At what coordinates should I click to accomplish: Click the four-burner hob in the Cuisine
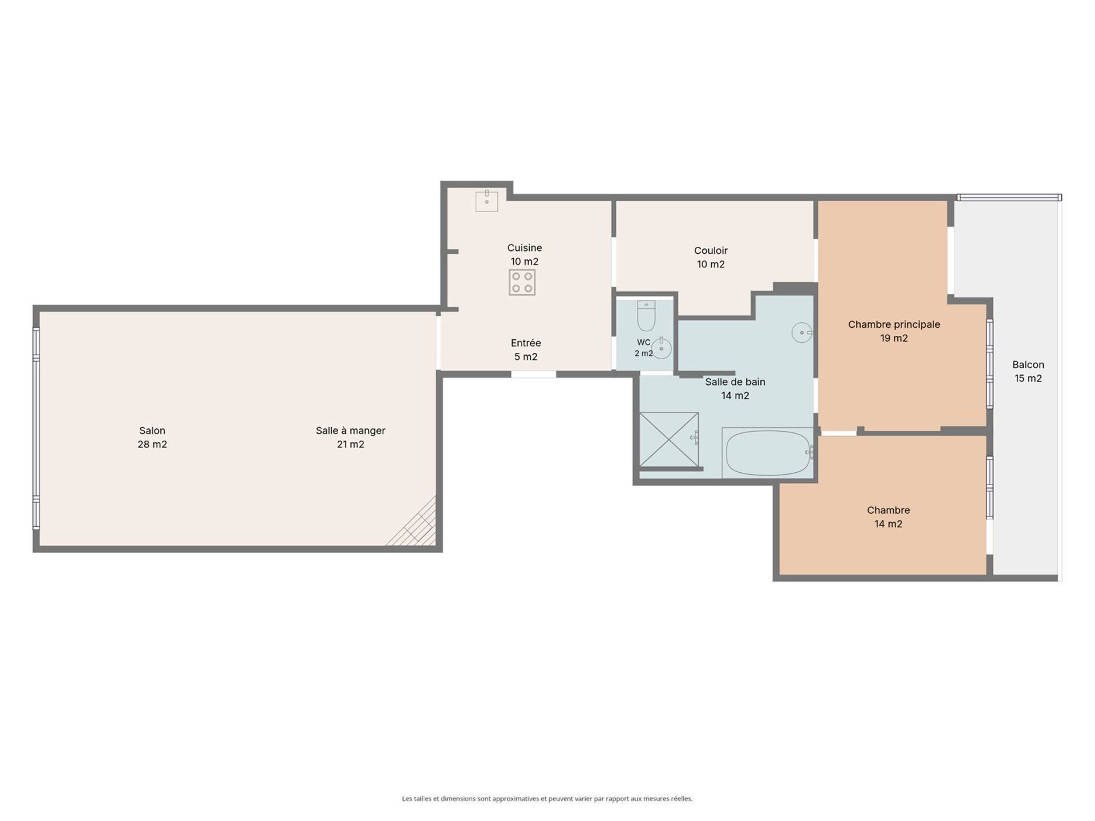click(522, 282)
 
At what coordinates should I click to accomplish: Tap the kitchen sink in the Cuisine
click(486, 201)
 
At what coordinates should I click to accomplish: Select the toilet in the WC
click(646, 316)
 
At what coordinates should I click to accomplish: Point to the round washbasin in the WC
click(662, 348)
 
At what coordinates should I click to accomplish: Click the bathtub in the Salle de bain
click(768, 453)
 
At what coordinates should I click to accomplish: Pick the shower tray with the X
click(669, 439)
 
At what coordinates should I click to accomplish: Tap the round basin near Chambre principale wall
click(802, 332)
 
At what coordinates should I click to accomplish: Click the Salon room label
click(152, 430)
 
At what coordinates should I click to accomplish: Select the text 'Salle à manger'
click(351, 430)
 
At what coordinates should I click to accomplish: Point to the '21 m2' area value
click(350, 444)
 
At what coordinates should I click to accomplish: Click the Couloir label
click(711, 250)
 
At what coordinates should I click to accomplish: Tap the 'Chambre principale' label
click(894, 324)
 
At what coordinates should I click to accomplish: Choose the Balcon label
click(1028, 364)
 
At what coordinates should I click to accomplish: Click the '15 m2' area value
click(1028, 378)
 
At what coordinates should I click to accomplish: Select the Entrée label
click(526, 343)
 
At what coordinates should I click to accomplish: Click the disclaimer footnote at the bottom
click(547, 799)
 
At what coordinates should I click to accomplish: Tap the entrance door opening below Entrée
click(533, 375)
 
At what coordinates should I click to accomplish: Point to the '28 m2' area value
click(152, 444)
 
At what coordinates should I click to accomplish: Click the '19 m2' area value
click(894, 338)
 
